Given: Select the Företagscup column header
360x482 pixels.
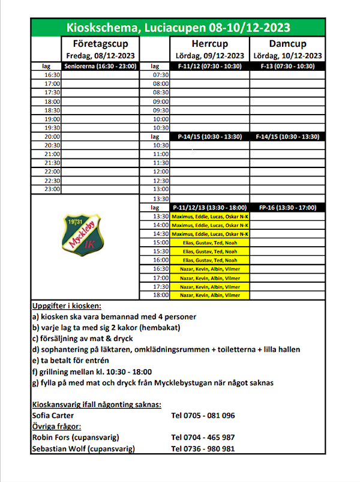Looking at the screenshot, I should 100,44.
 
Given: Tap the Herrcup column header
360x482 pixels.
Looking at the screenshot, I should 209,44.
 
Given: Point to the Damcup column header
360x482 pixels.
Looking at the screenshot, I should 287,44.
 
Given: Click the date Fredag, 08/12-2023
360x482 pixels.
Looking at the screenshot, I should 100,56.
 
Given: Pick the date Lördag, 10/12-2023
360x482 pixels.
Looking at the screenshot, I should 287,56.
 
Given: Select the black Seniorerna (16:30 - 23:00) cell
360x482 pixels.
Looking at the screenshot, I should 100,66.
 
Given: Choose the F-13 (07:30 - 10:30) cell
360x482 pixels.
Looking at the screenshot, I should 287,66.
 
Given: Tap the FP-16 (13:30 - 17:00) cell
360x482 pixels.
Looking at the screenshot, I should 287,207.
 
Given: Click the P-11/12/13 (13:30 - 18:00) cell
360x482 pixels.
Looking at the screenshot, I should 209,207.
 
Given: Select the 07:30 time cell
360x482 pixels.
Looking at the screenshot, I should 161,75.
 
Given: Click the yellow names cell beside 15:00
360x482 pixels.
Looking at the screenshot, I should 209,243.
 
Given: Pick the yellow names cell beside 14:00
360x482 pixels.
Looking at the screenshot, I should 209,224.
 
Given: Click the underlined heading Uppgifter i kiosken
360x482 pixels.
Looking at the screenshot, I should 67,306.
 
